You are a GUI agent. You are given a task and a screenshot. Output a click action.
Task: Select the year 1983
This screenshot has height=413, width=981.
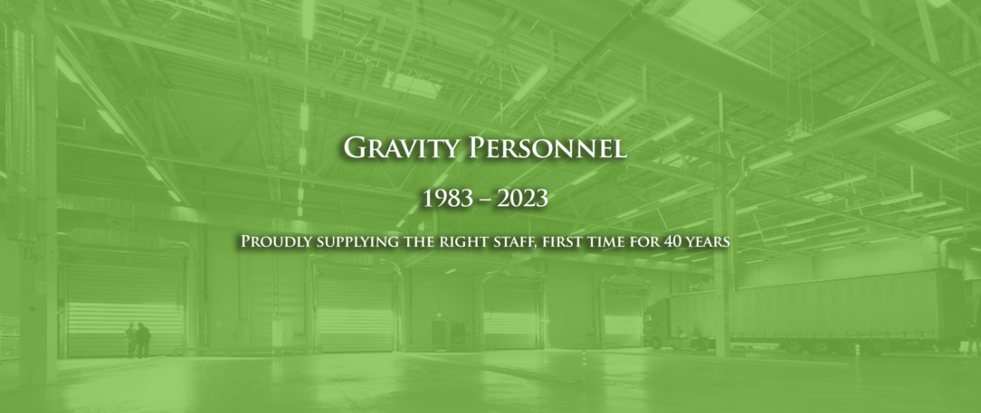446,200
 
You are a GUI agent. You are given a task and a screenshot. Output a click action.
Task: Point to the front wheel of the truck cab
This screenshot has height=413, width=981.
654,343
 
